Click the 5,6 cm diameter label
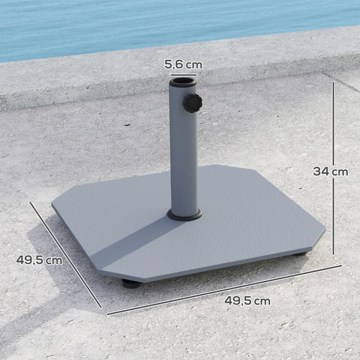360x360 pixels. tap(183, 64)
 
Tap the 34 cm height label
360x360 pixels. tap(331, 171)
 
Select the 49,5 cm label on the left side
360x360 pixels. tap(39, 260)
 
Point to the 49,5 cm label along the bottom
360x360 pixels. tap(247, 301)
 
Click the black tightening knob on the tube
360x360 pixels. tap(193, 103)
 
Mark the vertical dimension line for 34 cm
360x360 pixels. tap(333, 135)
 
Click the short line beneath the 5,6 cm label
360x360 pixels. tap(183, 75)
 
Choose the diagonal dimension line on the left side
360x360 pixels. tap(65, 254)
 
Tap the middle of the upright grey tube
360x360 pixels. tap(184, 153)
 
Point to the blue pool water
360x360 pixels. tap(135, 22)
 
